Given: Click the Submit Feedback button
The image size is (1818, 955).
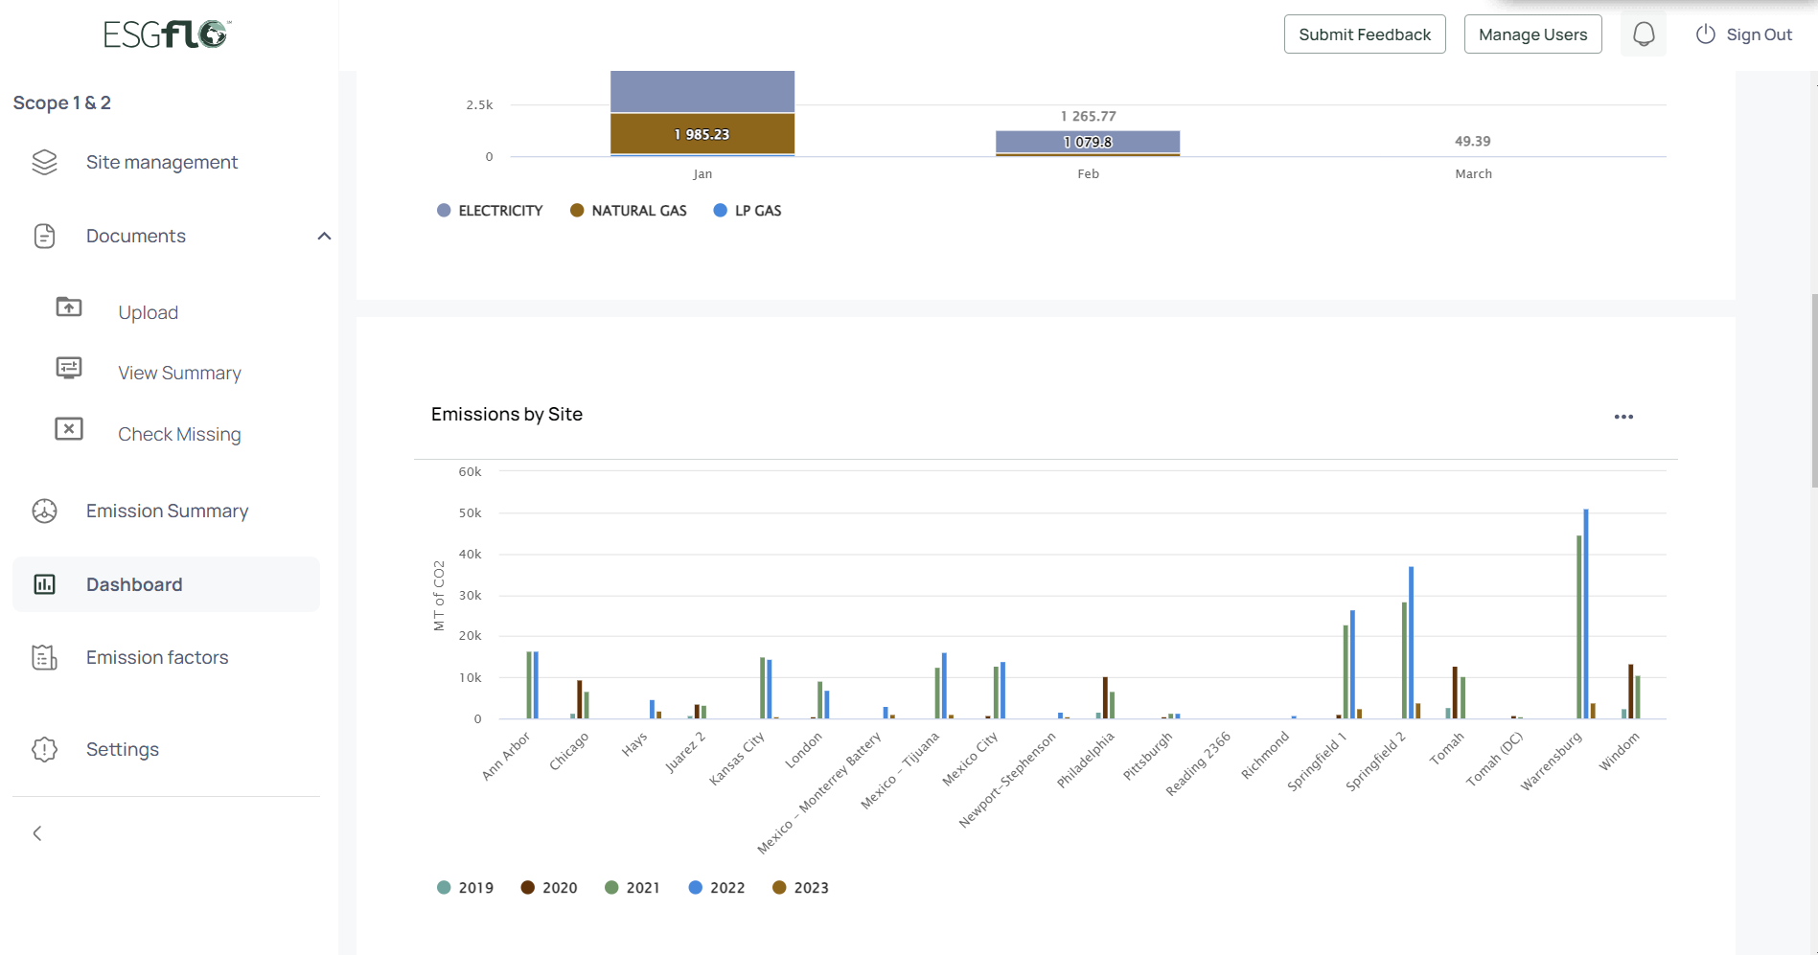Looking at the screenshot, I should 1364,34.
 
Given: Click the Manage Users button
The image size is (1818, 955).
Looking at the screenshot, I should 1532,34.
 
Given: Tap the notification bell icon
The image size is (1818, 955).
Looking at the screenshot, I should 1644,34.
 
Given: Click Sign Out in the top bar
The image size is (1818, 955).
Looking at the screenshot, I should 1744,34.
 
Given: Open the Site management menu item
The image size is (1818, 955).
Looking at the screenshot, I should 161,163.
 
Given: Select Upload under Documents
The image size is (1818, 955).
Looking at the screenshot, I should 148,312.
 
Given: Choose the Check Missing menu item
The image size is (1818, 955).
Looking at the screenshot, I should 179,434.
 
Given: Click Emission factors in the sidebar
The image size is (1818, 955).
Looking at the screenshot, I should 157,657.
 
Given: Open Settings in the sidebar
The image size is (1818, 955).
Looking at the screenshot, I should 123,749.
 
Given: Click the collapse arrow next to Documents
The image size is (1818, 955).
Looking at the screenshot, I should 324,236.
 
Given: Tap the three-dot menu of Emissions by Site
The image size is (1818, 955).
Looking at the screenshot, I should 1623,417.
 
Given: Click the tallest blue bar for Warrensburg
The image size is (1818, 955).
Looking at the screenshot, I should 1586,613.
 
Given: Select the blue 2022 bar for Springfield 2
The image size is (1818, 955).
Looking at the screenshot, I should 1411,642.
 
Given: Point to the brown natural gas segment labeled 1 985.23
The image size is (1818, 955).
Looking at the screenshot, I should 702,134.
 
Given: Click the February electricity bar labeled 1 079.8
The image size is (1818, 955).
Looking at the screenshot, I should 1088,142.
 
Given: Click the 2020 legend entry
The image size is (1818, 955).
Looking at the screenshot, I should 549,888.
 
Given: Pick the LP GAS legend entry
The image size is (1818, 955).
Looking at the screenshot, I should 748,211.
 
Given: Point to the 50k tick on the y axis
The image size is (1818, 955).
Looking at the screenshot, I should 470,513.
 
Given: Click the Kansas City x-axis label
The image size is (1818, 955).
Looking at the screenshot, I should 737,759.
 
